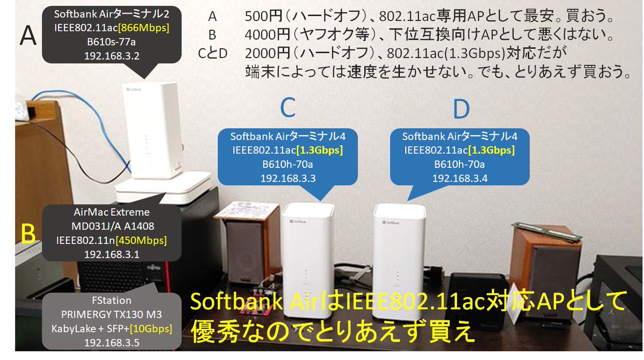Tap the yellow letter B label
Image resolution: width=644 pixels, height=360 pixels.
[x=28, y=233]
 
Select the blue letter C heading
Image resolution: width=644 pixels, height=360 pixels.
[x=288, y=109]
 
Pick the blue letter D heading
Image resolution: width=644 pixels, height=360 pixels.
[x=460, y=109]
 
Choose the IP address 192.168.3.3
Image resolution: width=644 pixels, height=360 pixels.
[x=288, y=179]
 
